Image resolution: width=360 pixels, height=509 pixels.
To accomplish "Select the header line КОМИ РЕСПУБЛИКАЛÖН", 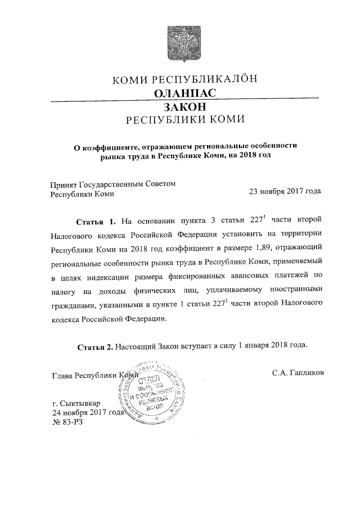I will [x=185, y=80].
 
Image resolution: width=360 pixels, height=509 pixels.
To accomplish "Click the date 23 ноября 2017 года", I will [x=285, y=192].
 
